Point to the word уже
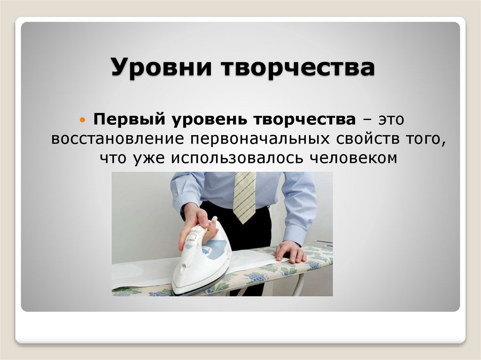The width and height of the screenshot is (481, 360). (145, 159)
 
